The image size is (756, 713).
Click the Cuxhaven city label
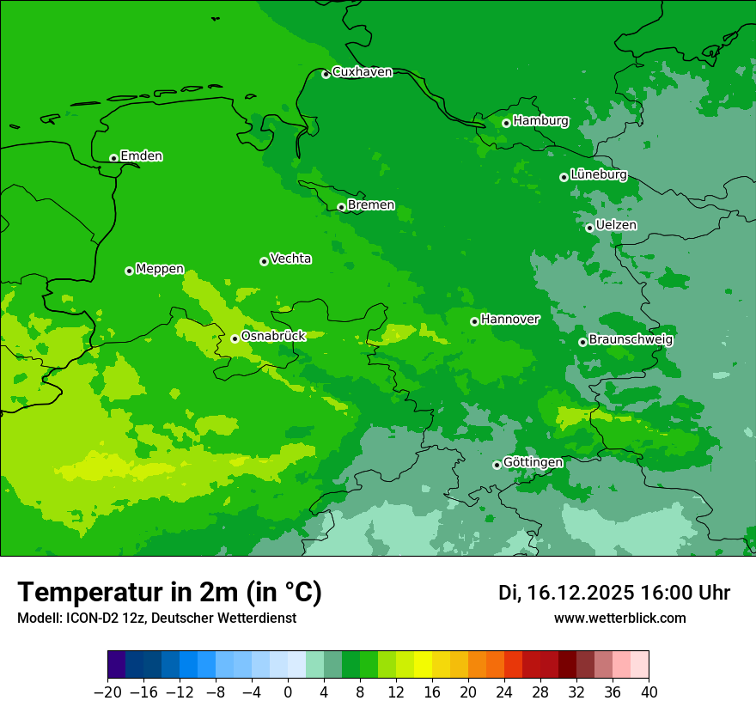tap(362, 72)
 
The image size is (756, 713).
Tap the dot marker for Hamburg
tap(507, 123)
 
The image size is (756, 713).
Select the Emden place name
tap(141, 156)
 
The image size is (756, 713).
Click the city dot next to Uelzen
tap(590, 228)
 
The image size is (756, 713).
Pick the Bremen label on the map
tap(371, 205)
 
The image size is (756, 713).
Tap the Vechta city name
tap(290, 259)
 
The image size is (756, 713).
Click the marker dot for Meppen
tap(130, 271)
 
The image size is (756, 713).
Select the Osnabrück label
tap(273, 336)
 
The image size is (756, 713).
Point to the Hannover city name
tap(510, 320)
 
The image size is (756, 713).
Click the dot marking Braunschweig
tap(582, 342)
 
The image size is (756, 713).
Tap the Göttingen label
tap(533, 463)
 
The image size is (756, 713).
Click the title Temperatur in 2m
tap(169, 593)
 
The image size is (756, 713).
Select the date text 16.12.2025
tap(582, 593)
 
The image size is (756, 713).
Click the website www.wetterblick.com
tap(619, 618)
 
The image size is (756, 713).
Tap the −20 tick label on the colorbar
tap(107, 692)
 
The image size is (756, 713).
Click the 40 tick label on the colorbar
tap(649, 692)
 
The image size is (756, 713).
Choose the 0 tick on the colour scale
tap(288, 692)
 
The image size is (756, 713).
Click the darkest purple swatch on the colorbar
tap(116, 664)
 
